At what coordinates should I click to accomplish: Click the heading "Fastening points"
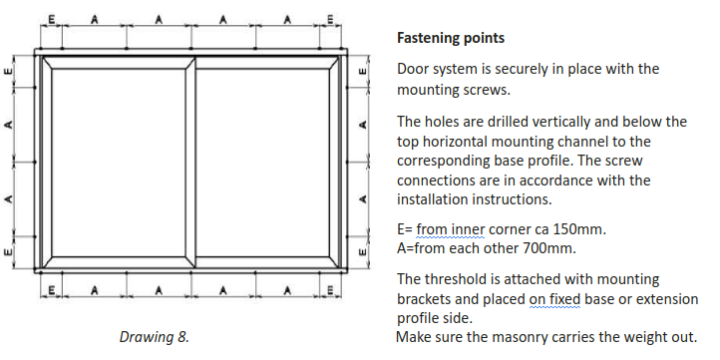(x=451, y=38)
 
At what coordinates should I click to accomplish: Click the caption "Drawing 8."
(x=155, y=337)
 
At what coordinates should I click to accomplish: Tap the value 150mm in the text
(x=579, y=228)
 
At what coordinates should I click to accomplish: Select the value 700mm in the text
(x=549, y=248)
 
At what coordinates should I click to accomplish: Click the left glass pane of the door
(x=119, y=163)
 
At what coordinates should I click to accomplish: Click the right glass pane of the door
(x=262, y=163)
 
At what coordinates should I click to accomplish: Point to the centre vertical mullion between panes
(x=190, y=163)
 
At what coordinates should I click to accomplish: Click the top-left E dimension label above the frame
(x=52, y=19)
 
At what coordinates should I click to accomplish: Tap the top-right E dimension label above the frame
(x=331, y=19)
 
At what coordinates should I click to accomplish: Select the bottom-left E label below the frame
(x=52, y=290)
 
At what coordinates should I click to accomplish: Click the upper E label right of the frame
(x=363, y=71)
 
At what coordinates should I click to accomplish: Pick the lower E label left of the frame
(x=8, y=252)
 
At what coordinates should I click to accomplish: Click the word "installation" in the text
(x=436, y=199)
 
